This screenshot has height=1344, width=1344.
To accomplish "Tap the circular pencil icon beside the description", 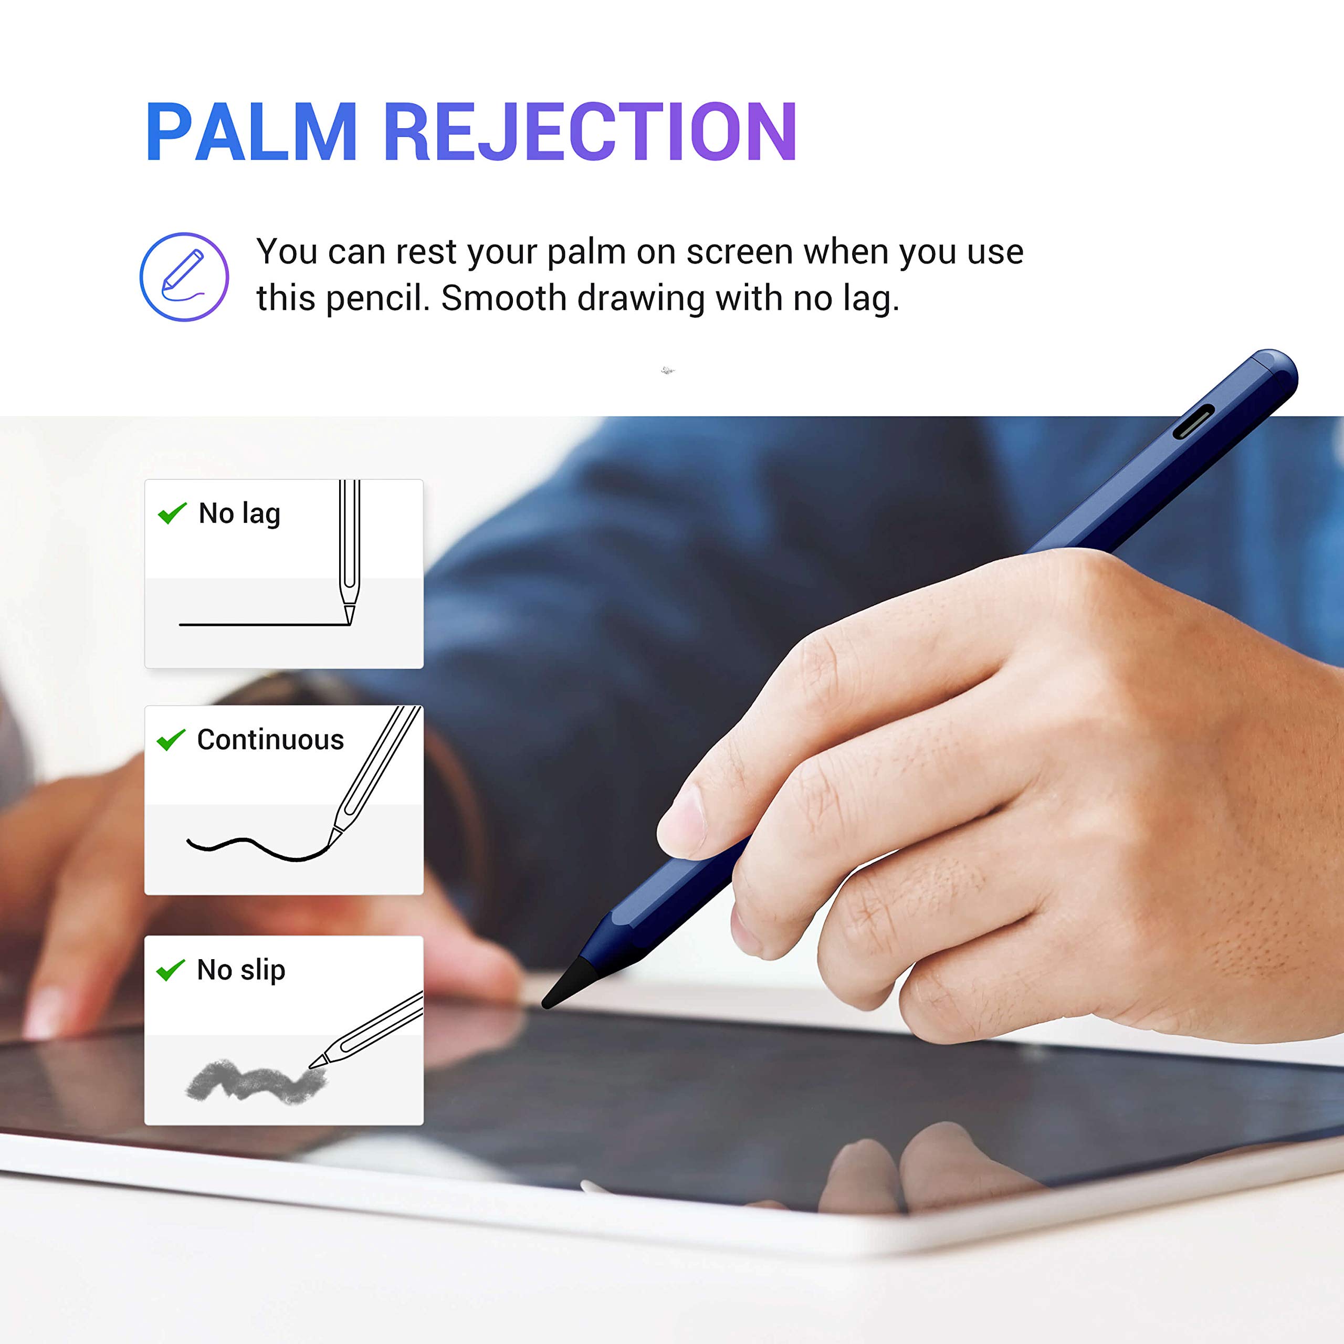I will tap(184, 277).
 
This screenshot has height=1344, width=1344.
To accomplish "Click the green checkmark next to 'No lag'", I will tap(172, 513).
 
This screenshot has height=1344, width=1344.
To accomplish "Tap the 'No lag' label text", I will tap(239, 513).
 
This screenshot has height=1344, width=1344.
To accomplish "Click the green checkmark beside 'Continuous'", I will tap(171, 740).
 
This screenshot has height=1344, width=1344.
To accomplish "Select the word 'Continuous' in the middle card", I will tap(270, 740).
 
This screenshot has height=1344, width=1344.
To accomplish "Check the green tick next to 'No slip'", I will tap(171, 970).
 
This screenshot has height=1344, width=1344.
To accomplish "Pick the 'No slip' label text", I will tap(240, 970).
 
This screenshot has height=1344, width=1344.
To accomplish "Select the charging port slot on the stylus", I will tap(1194, 422).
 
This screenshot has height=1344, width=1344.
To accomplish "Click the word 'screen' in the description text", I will tap(740, 252).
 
